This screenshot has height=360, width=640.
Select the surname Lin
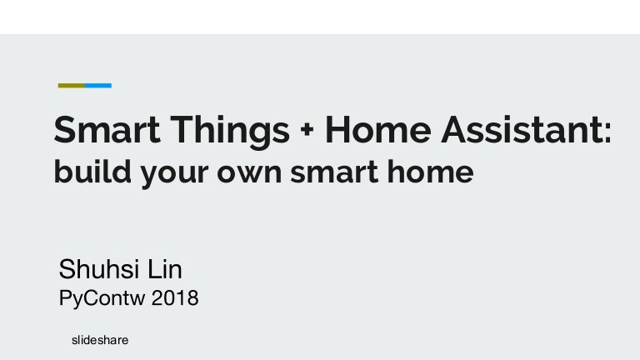click(x=163, y=269)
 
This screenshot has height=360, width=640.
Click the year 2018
click(x=175, y=297)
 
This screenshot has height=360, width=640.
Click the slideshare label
click(x=100, y=340)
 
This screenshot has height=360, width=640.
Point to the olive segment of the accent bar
click(x=71, y=85)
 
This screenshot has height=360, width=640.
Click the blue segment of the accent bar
click(x=97, y=85)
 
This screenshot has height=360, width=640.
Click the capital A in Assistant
click(x=455, y=130)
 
